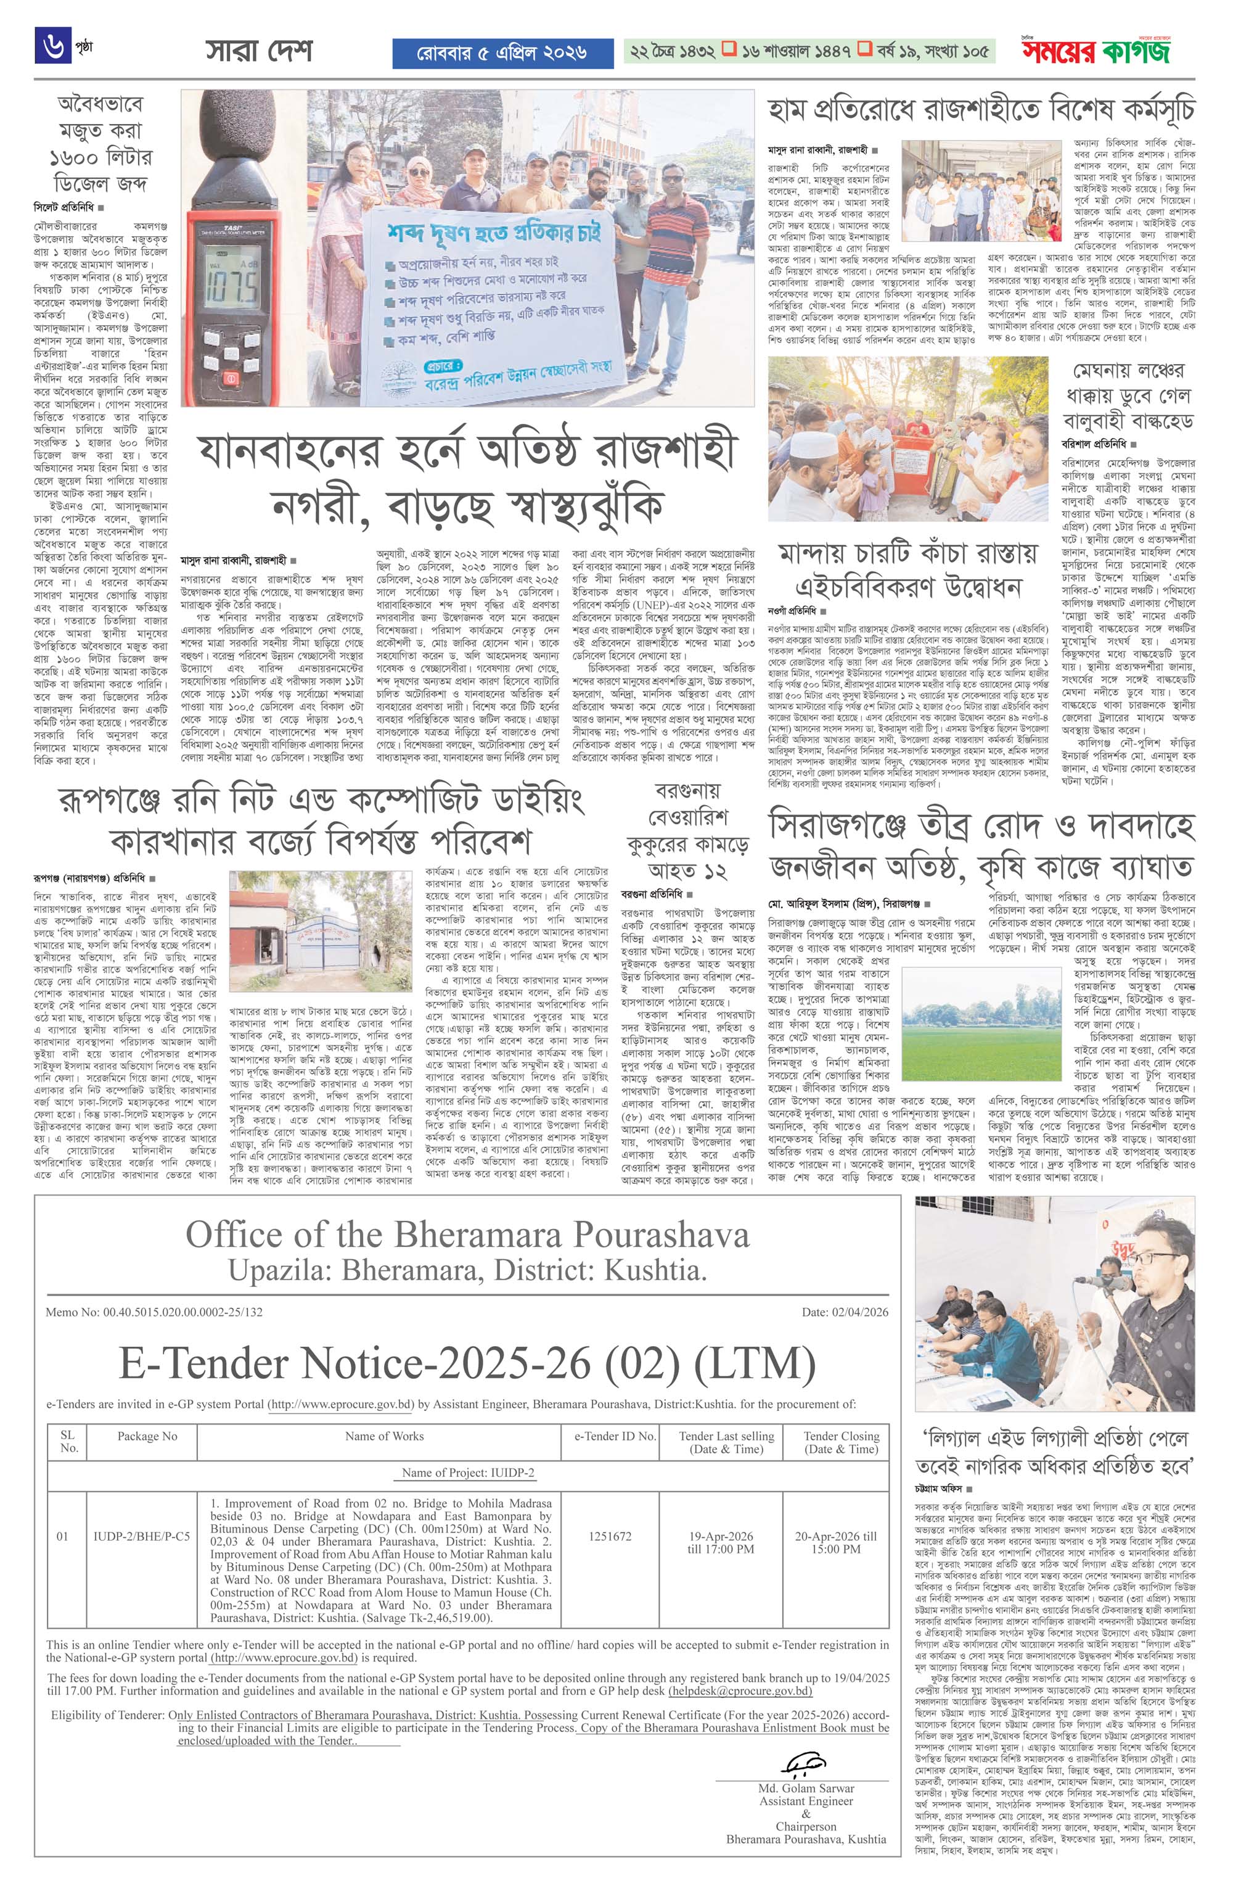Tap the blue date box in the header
502,53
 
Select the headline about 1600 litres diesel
100,143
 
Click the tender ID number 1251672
610,1536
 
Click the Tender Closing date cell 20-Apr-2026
835,1542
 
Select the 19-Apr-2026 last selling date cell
721,1542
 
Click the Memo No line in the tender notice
154,1312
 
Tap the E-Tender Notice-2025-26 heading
467,1365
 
